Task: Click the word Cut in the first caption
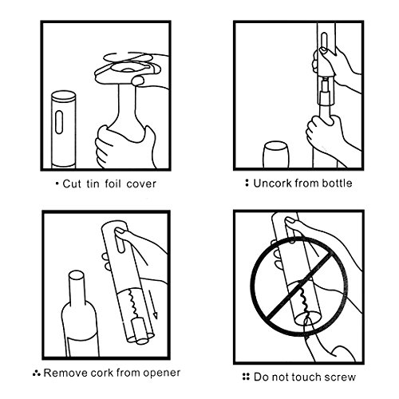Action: coord(72,184)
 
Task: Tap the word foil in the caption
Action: coord(113,184)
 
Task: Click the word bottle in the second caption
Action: coord(337,183)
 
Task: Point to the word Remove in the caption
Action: coord(66,373)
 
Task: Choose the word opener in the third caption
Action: coord(162,373)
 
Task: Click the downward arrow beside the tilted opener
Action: coord(153,305)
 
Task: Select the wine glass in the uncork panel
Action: coord(275,154)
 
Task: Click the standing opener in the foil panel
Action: coord(64,129)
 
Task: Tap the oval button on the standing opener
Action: coord(59,122)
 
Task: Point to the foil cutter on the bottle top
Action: coord(128,70)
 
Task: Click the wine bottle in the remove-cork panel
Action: coord(81,314)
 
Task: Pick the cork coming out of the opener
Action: coord(141,332)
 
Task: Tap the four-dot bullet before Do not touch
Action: coord(246,377)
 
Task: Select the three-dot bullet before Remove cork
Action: coord(37,373)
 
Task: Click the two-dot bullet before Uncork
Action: coord(247,183)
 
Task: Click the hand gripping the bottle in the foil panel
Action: coord(125,147)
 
